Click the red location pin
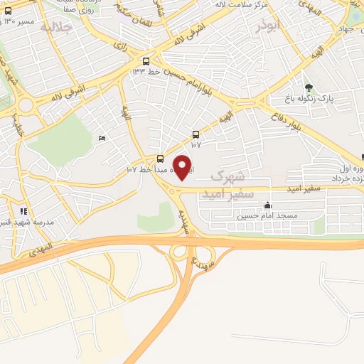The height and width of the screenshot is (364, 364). click(184, 168)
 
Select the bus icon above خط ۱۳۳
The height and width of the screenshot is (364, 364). click(146, 61)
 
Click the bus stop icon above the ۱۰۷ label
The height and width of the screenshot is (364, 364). click(196, 134)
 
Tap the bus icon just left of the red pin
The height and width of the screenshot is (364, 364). click(160, 159)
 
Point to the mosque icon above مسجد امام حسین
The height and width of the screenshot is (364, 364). click(267, 205)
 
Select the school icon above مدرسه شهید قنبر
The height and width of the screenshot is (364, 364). click(23, 210)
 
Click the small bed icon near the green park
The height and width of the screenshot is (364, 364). click(102, 138)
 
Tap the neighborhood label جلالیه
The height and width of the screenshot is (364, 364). click(56, 28)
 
